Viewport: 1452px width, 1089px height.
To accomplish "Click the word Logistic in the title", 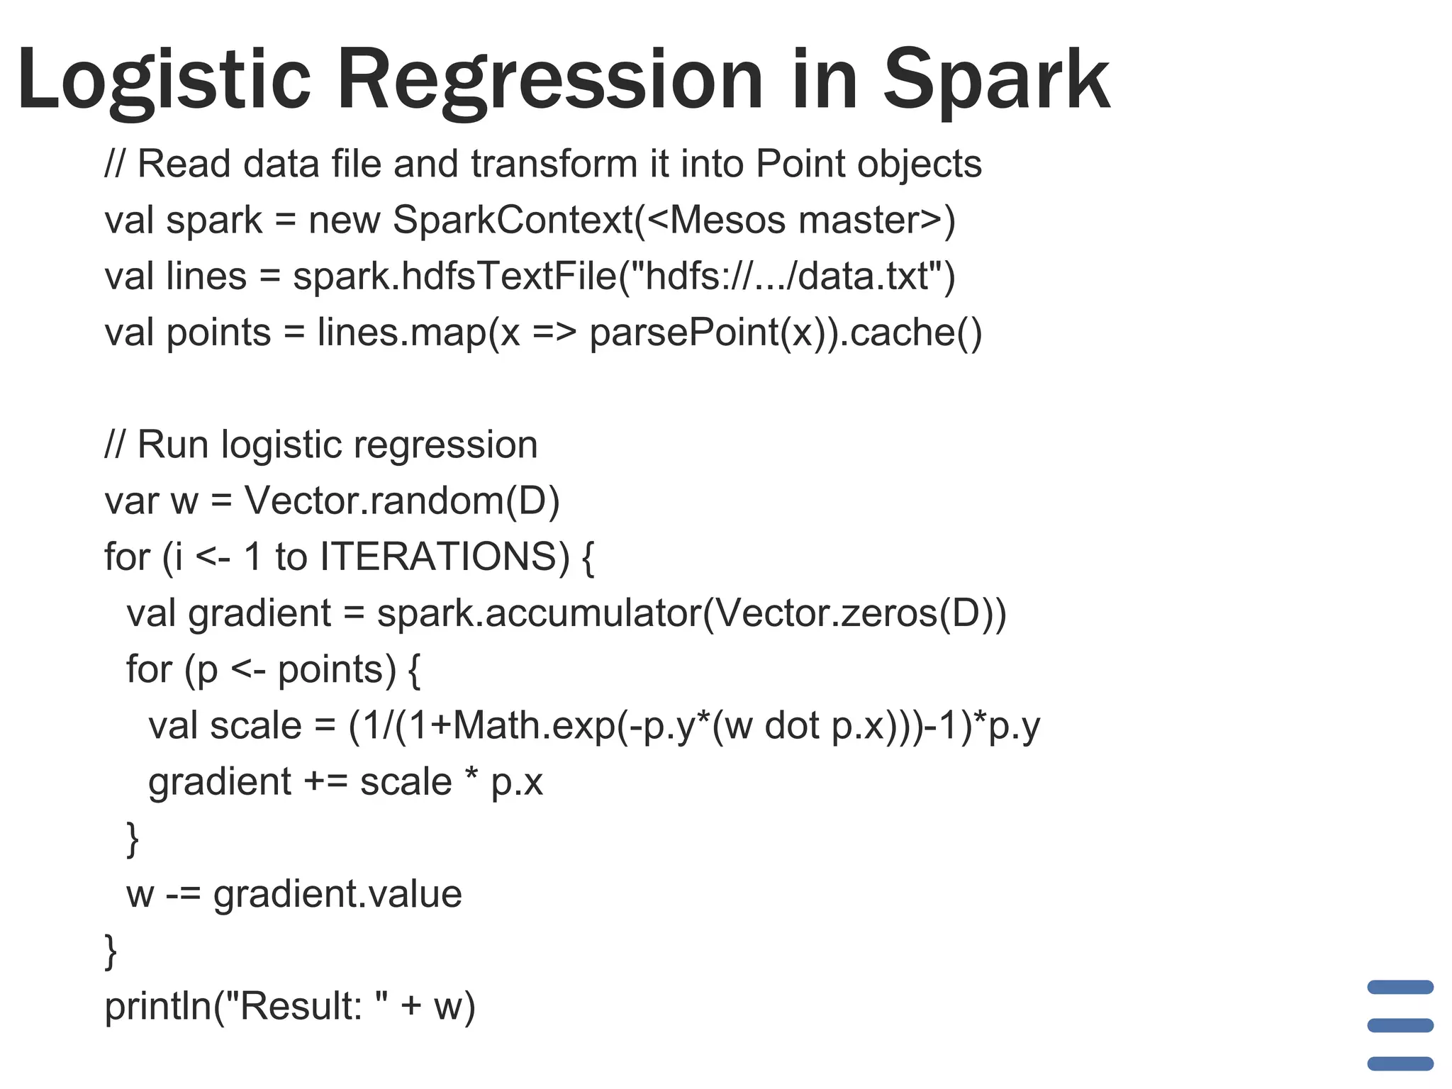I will tap(164, 79).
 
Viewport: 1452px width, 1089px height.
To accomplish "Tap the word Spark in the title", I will tap(996, 79).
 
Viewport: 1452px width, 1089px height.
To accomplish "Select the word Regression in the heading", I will tap(550, 79).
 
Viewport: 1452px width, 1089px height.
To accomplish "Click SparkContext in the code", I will tap(513, 220).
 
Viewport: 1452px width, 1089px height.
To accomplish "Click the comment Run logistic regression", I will tap(337, 445).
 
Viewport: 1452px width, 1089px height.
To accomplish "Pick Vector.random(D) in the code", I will tap(402, 501).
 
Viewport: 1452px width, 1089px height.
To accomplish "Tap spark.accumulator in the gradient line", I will tap(539, 613).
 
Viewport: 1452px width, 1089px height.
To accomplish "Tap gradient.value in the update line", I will tap(337, 894).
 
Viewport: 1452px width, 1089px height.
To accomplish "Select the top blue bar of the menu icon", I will tap(1400, 987).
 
